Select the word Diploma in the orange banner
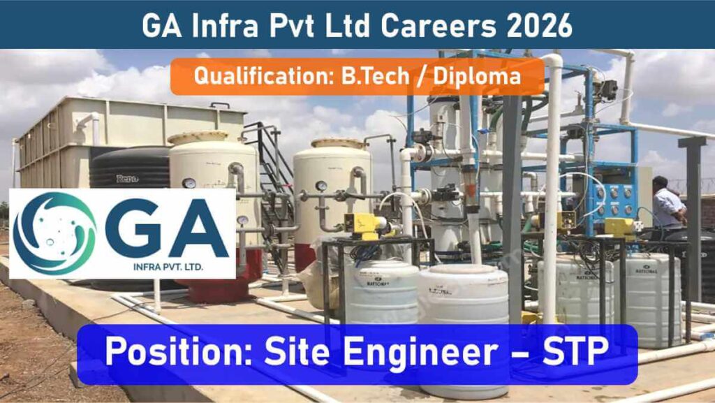(x=477, y=76)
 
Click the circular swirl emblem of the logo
(x=54, y=233)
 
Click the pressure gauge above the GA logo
(x=189, y=184)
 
